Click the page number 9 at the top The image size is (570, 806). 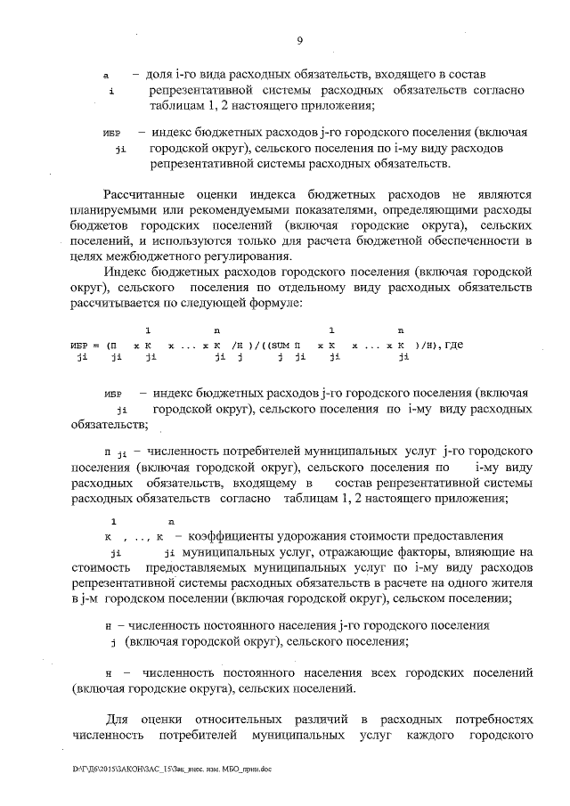point(300,40)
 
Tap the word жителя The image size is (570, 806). point(511,584)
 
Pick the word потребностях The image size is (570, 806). point(489,719)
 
